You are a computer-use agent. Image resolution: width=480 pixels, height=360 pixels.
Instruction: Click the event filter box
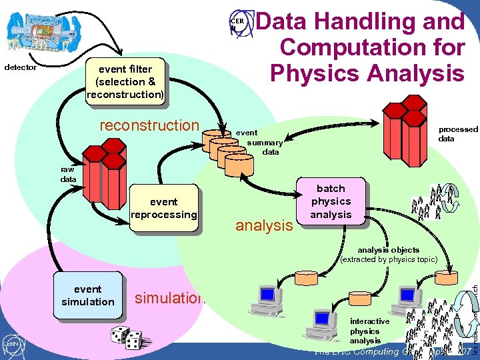125,81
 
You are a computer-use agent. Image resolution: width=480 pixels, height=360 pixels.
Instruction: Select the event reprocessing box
163,208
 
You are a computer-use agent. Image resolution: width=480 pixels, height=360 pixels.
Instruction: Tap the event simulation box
88,295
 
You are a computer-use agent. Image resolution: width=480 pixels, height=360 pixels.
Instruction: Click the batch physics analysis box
331,201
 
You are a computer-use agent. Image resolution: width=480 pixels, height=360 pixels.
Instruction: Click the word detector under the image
21,67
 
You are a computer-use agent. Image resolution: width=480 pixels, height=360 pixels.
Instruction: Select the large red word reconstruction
149,125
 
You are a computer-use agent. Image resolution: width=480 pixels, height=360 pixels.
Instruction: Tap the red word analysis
264,225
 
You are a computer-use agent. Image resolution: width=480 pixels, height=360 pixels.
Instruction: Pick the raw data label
68,175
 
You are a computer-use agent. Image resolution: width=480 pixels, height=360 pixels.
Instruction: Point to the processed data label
457,133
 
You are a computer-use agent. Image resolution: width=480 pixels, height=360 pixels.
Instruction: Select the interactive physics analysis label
369,331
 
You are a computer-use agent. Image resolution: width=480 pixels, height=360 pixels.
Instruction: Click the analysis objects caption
388,254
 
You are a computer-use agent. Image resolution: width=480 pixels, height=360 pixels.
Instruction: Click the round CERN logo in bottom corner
11,344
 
